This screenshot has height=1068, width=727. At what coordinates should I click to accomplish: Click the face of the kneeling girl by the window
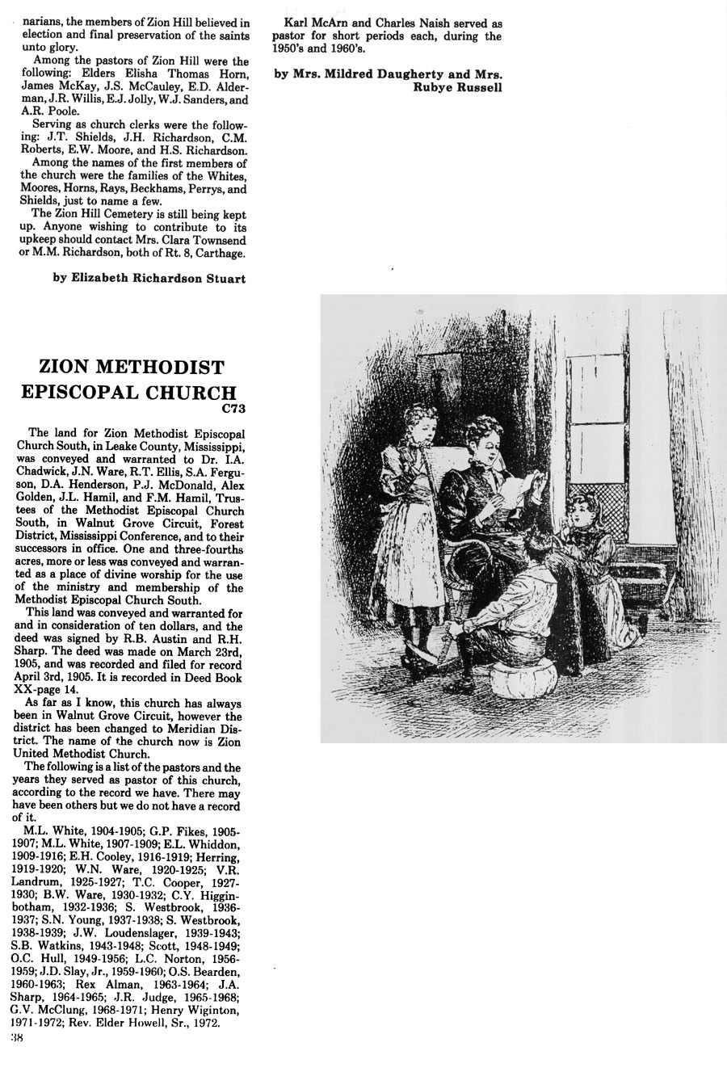tap(582, 512)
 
